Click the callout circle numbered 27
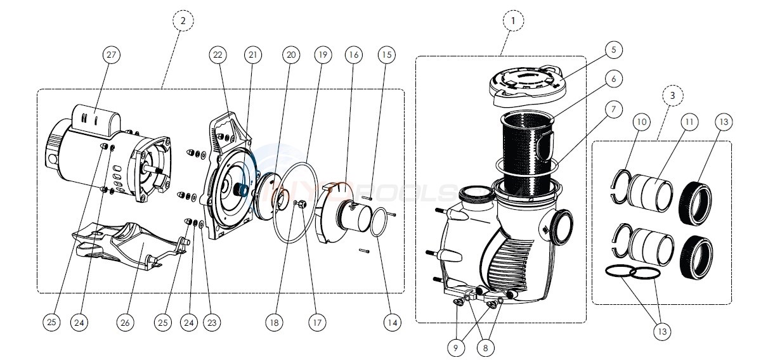tap(112, 56)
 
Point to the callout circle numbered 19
tap(323, 56)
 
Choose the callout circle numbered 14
tap(392, 323)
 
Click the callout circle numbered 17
tap(317, 323)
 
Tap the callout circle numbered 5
tap(614, 49)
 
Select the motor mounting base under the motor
tap(127, 244)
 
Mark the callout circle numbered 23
tap(211, 323)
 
